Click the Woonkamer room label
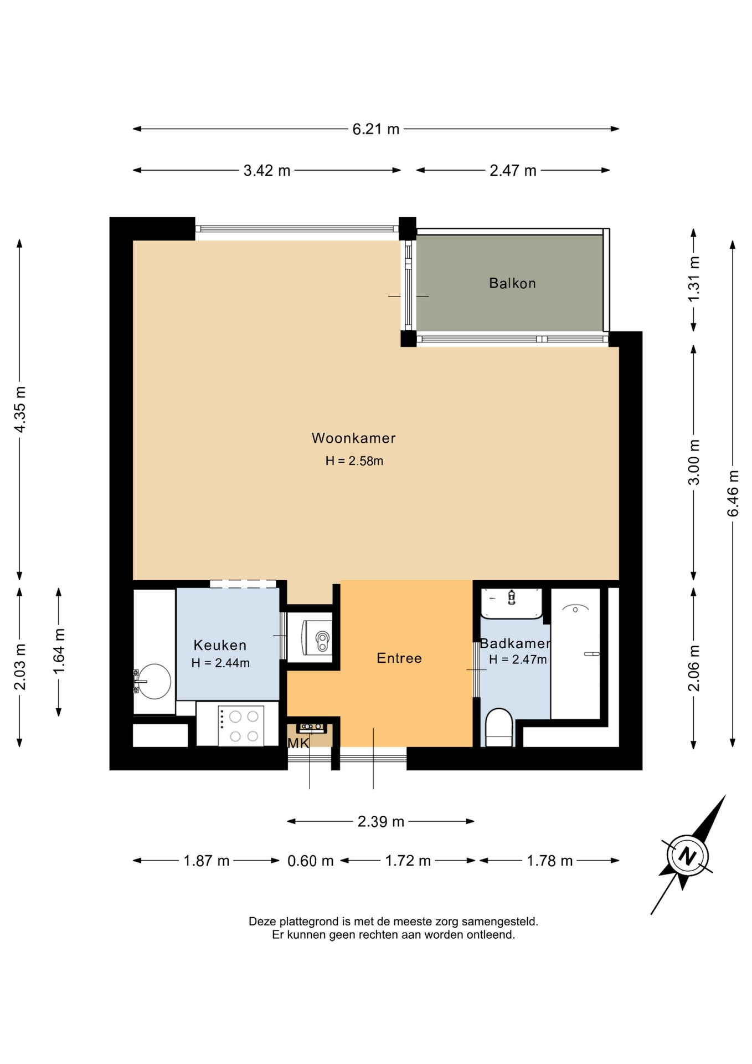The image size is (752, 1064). [x=353, y=438]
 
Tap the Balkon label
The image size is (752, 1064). [x=512, y=283]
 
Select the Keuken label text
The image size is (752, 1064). [x=220, y=644]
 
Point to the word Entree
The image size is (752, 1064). [x=399, y=658]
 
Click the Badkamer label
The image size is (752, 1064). [x=515, y=643]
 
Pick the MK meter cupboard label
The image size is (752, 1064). [x=298, y=743]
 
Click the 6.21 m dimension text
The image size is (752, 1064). [x=376, y=129]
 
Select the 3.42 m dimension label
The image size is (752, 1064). [x=267, y=170]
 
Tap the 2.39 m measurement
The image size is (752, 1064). [x=380, y=821]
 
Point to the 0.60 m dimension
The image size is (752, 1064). [x=310, y=861]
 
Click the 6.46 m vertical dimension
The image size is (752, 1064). [x=733, y=493]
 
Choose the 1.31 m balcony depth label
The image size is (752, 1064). [x=694, y=279]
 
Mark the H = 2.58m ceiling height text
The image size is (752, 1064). [x=354, y=461]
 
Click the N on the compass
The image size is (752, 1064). [x=687, y=856]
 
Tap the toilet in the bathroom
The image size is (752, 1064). [x=498, y=727]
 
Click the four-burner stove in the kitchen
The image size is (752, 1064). [x=241, y=726]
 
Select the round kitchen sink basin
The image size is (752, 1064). [x=153, y=681]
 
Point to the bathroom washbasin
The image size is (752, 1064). [x=511, y=603]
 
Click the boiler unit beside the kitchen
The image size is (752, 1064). [x=317, y=637]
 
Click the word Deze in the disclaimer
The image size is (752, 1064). [x=262, y=922]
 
